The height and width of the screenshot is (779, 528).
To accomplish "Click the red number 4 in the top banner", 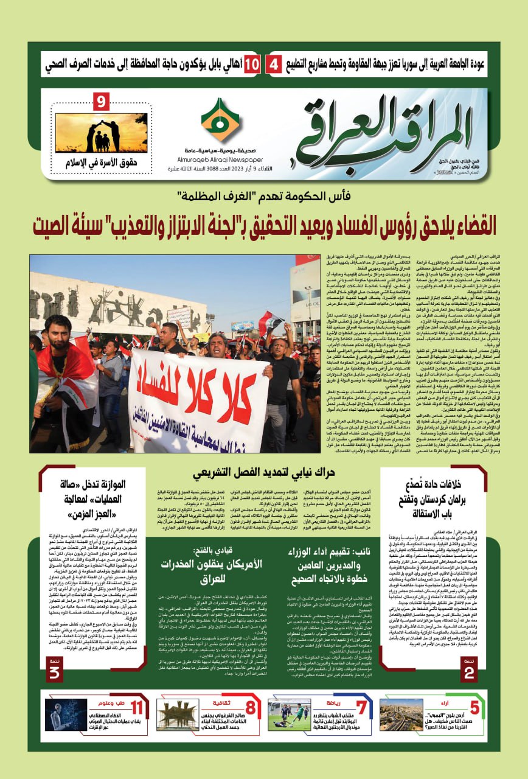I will point(275,64).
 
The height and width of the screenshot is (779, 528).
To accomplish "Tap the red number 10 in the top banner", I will point(252,64).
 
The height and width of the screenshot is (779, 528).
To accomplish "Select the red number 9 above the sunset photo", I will point(102,102).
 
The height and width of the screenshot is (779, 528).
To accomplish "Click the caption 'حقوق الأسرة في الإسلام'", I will point(102,162).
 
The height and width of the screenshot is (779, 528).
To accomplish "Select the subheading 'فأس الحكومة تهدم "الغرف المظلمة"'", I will point(263,196).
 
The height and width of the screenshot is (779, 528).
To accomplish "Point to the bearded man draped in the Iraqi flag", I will point(59,383).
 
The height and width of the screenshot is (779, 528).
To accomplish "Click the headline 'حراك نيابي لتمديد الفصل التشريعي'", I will point(263,489).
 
